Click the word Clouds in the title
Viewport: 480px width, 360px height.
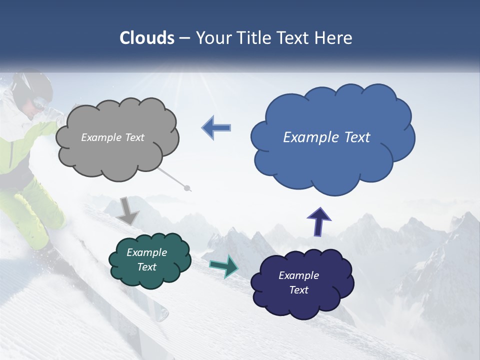[x=146, y=38]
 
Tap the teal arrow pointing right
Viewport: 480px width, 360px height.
[x=223, y=265]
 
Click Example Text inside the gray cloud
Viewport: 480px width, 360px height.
[x=112, y=137]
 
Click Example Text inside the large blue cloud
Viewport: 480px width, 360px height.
[x=326, y=137]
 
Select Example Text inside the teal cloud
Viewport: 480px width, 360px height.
[x=146, y=260]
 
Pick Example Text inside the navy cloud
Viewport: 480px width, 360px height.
[x=298, y=282]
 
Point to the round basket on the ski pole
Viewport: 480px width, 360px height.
[x=187, y=188]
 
